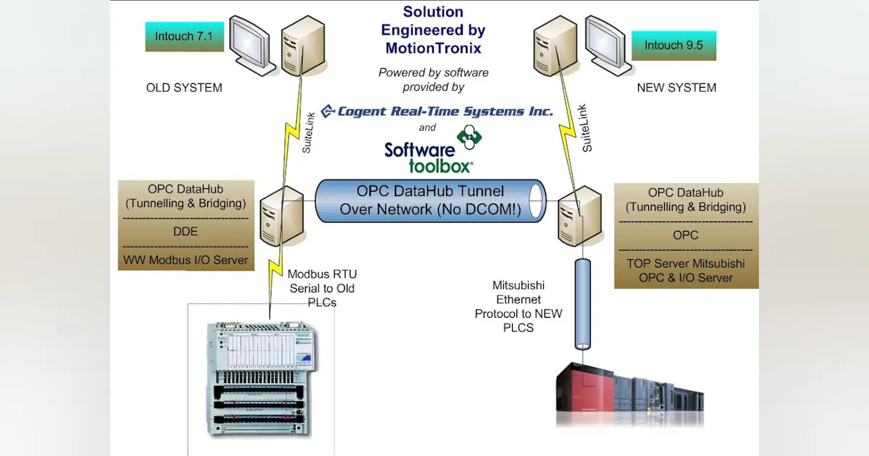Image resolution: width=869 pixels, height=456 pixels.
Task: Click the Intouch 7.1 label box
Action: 183,36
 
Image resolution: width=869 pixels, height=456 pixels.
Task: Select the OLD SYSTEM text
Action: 184,88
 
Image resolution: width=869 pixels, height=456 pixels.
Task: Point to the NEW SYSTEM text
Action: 676,88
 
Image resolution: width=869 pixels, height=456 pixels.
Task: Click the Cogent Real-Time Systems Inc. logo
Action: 437,111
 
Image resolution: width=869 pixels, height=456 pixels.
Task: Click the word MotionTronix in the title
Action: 433,48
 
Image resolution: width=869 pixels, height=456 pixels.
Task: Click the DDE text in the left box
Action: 185,232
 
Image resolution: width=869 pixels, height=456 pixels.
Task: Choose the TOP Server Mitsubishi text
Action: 686,263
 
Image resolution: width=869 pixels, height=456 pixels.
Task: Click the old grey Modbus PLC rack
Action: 261,376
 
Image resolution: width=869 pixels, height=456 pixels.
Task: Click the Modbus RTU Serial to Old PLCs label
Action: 322,288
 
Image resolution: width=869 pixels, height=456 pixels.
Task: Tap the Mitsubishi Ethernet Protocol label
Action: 518,306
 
